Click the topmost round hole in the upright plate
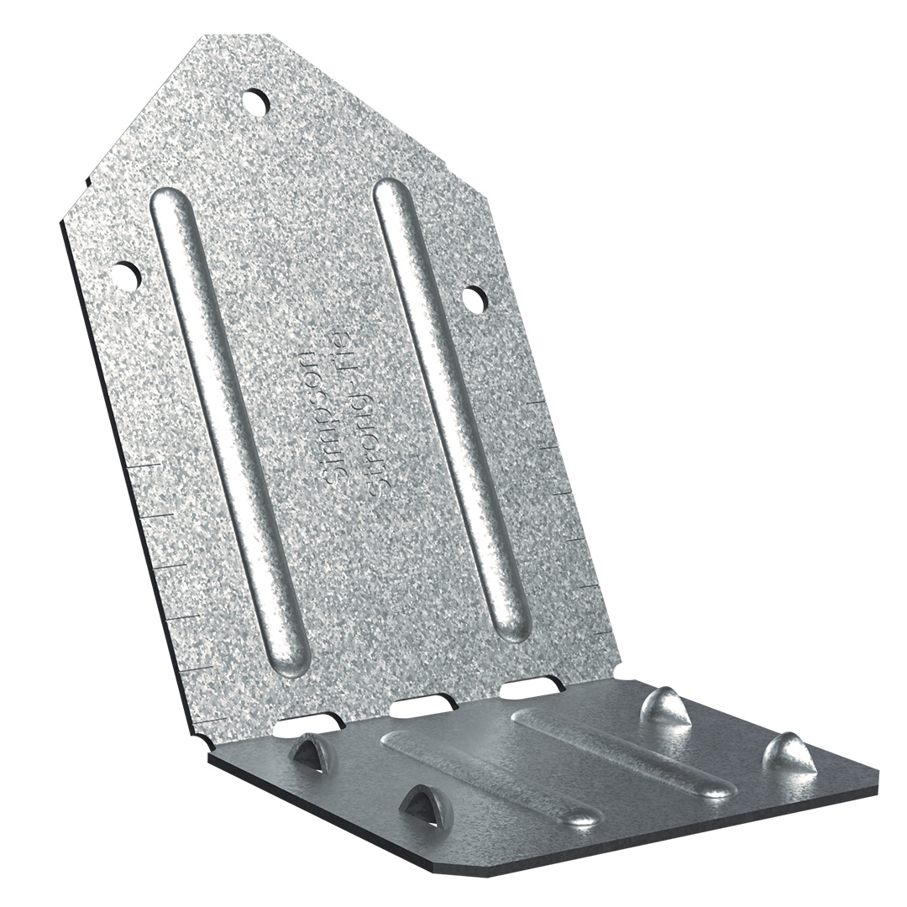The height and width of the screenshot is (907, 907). pos(255,102)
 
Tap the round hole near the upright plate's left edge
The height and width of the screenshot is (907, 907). pos(128,276)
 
